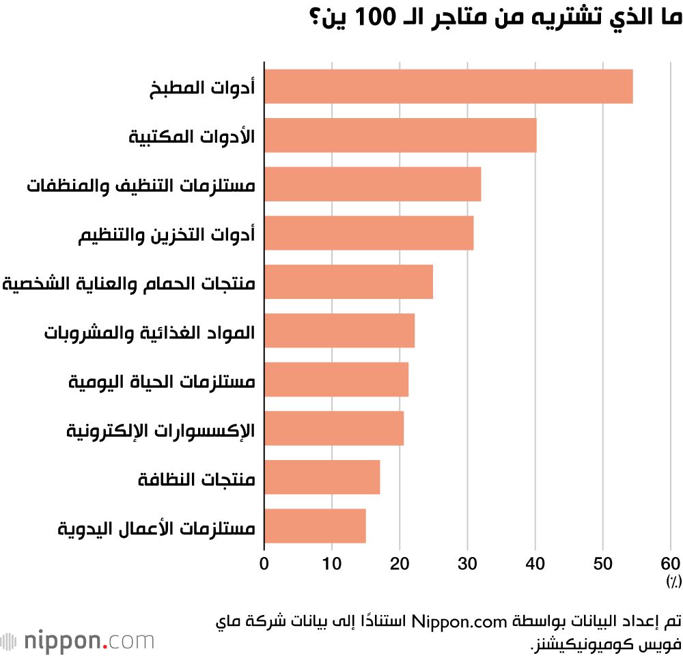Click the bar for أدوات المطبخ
(x=448, y=87)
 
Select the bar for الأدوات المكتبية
(x=400, y=135)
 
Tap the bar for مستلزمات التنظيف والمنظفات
(x=372, y=184)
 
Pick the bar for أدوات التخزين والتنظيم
(x=369, y=233)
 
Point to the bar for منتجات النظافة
(x=322, y=477)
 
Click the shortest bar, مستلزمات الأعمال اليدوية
(x=315, y=526)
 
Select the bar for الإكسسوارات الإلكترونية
(x=334, y=428)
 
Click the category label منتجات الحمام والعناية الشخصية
(x=129, y=283)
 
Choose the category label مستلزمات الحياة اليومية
(x=162, y=381)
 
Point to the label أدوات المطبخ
(x=202, y=88)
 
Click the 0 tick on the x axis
(x=264, y=564)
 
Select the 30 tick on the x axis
(x=467, y=564)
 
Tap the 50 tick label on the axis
(x=603, y=564)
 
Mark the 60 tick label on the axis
(x=671, y=564)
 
